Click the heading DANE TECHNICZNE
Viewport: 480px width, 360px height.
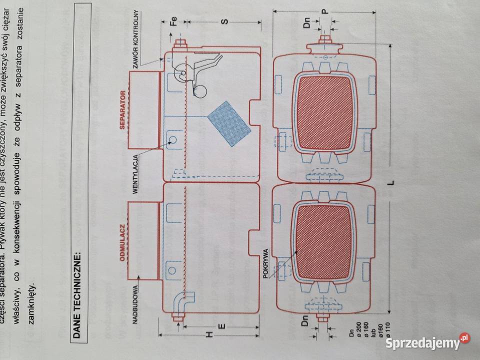click(x=79, y=295)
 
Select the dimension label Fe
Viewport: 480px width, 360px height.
click(x=173, y=21)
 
